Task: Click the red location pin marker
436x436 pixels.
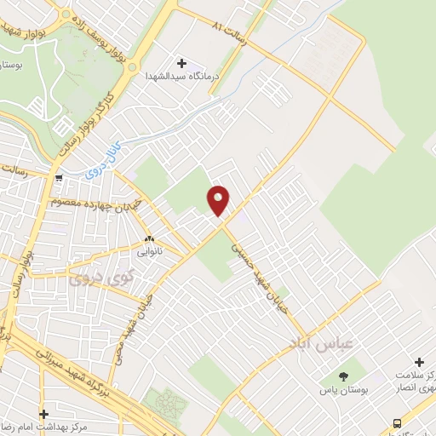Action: [219, 200]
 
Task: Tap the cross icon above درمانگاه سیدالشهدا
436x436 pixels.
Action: [181, 62]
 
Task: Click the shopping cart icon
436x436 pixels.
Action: [58, 178]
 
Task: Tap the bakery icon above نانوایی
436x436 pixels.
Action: [149, 239]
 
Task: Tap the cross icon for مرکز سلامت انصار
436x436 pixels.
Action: [419, 362]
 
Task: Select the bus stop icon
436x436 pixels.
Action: [398, 423]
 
